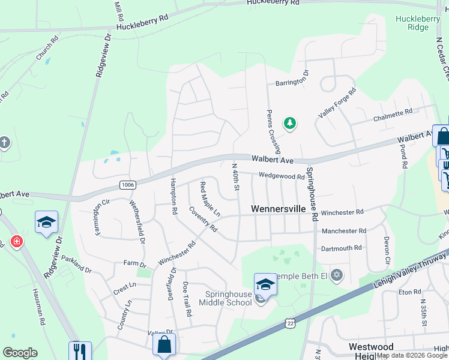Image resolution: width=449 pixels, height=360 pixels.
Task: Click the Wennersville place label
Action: coord(278,209)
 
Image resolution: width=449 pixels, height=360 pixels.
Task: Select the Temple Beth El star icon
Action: coord(336,275)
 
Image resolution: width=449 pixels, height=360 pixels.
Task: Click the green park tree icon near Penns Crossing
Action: coord(291,124)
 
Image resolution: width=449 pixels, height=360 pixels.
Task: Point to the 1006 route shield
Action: coord(127,184)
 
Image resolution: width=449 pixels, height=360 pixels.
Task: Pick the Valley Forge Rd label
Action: coord(337,103)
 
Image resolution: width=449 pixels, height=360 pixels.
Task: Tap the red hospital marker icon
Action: coord(17,242)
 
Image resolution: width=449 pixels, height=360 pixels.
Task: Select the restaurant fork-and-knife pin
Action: coord(80,350)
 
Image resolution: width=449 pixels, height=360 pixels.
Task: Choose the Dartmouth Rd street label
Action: coord(342,247)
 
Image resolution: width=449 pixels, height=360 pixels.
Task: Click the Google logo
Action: coord(20,353)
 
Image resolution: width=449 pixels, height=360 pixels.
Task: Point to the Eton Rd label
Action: coord(410,292)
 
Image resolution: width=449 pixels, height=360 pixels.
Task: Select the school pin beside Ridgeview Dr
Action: coord(46,223)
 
